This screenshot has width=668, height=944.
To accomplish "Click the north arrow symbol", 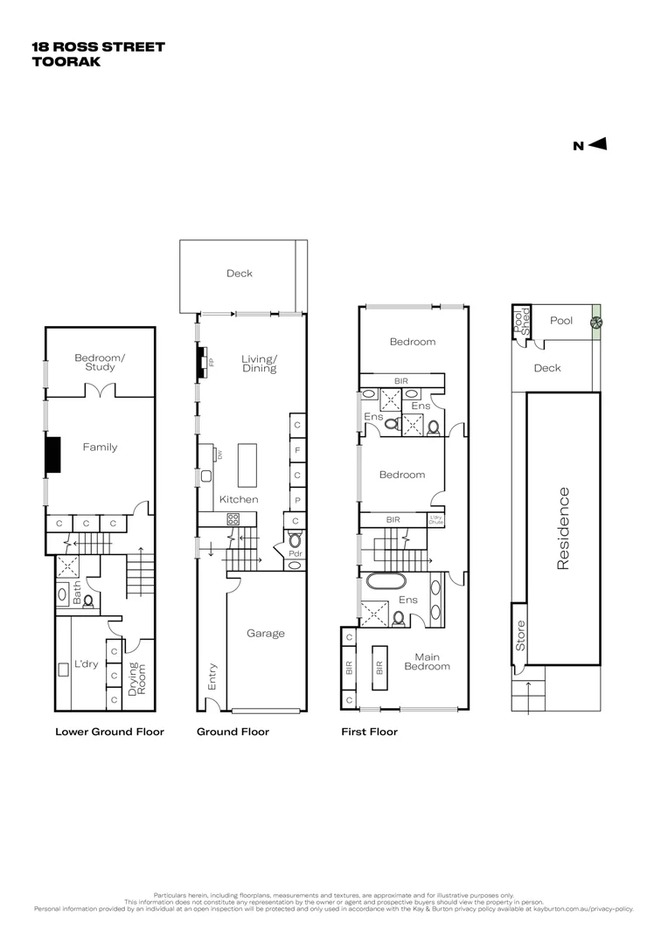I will pyautogui.click(x=598, y=145).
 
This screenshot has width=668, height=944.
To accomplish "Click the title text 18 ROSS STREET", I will pyautogui.click(x=98, y=47).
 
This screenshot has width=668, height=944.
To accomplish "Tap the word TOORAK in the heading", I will pyautogui.click(x=66, y=62).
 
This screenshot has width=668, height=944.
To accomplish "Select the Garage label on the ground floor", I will pyautogui.click(x=265, y=633).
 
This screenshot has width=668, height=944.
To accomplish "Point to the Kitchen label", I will pyautogui.click(x=239, y=499).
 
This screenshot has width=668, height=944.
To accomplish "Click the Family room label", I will pyautogui.click(x=100, y=447).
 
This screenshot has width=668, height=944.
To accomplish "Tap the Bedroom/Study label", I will pyautogui.click(x=100, y=362).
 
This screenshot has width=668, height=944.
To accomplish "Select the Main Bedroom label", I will pyautogui.click(x=427, y=662).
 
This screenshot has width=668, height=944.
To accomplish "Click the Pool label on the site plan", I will pyautogui.click(x=561, y=321).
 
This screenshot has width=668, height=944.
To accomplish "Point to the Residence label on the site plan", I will pyautogui.click(x=563, y=529).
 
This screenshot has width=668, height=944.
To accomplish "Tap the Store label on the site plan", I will pyautogui.click(x=520, y=635).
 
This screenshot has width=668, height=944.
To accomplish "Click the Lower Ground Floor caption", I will pyautogui.click(x=109, y=732).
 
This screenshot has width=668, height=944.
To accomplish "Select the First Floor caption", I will pyautogui.click(x=369, y=732).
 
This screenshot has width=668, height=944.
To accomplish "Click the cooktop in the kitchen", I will pyautogui.click(x=233, y=518).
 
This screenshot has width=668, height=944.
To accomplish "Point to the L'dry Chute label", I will pyautogui.click(x=435, y=519).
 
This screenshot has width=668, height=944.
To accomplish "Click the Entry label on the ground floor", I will pyautogui.click(x=212, y=677).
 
